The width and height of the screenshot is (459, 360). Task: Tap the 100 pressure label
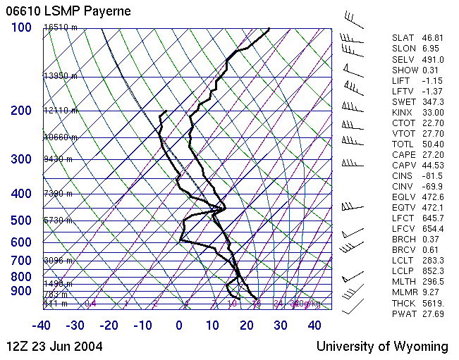21,27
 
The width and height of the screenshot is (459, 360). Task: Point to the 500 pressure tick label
21,221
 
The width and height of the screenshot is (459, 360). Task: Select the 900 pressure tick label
21,291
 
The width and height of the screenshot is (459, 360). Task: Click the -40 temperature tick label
41,325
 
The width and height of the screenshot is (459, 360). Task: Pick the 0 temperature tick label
178,325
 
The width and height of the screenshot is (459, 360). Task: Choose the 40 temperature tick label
314,325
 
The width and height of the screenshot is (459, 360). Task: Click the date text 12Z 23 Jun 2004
54,346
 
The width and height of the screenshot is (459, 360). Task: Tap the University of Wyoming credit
381,346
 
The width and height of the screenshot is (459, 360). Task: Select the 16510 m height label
61,27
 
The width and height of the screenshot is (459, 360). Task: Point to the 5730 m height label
59,221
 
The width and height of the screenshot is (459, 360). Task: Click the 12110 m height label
61,111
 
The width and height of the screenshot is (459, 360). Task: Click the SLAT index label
403,38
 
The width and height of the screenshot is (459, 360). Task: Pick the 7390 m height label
59,193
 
